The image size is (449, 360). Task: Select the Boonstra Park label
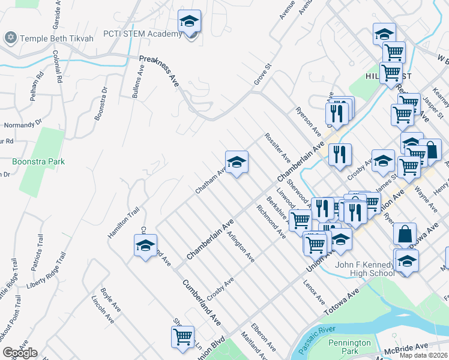[x=38, y=161]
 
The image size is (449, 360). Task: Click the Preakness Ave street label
[x=160, y=71]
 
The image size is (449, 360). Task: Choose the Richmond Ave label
[x=271, y=221]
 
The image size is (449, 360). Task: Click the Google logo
[x=20, y=353]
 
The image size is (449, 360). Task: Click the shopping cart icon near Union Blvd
[x=182, y=336]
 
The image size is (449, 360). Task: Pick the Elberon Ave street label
[x=264, y=338]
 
